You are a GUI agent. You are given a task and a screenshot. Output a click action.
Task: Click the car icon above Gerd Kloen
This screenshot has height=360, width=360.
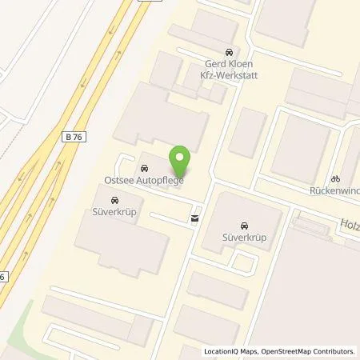pos(230,50)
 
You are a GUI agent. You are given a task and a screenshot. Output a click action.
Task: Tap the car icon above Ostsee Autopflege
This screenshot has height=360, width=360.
pos(143,169)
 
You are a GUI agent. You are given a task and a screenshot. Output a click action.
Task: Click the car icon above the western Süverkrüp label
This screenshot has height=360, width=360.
pos(113,199)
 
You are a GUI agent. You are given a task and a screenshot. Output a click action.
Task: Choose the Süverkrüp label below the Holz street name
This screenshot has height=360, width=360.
pos(245,238)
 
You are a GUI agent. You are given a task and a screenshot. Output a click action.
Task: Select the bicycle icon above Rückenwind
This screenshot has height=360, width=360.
pos(335,179)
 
